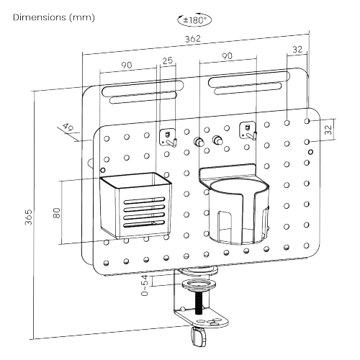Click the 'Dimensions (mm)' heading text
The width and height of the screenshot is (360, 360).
pos(54,17)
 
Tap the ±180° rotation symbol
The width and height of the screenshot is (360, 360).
pos(194,19)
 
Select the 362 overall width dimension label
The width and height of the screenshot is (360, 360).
pos(193,39)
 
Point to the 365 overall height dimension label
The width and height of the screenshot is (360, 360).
pos(28,217)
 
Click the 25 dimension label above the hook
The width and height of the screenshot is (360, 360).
pos(168,60)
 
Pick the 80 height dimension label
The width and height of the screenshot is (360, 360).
pos(56,213)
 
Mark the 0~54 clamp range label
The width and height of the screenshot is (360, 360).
pos(145,286)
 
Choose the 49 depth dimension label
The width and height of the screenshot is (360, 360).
pos(68,127)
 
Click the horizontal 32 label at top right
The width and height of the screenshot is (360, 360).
pos(297,50)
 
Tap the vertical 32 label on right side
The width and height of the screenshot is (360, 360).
pos(328,130)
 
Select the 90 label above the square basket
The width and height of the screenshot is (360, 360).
pos(127,65)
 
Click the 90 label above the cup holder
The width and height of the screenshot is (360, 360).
pos(227,56)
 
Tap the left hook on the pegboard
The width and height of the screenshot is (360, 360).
pos(168,138)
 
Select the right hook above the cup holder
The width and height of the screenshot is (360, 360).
pos(248,131)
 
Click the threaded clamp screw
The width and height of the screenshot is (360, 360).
pos(199,303)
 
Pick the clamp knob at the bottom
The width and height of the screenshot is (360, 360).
pos(199,337)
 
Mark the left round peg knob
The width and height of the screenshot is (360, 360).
pos(199,141)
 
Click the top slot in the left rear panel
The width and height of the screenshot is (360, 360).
pos(143,88)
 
